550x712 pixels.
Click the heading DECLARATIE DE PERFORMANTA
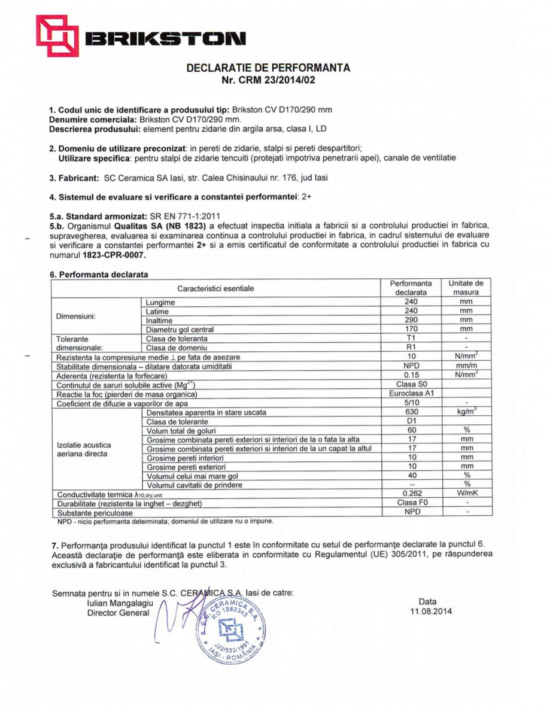(x=268, y=68)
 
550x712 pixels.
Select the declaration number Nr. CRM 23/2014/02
(x=268, y=80)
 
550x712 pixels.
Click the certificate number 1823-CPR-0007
(x=114, y=254)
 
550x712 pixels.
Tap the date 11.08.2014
(x=427, y=611)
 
